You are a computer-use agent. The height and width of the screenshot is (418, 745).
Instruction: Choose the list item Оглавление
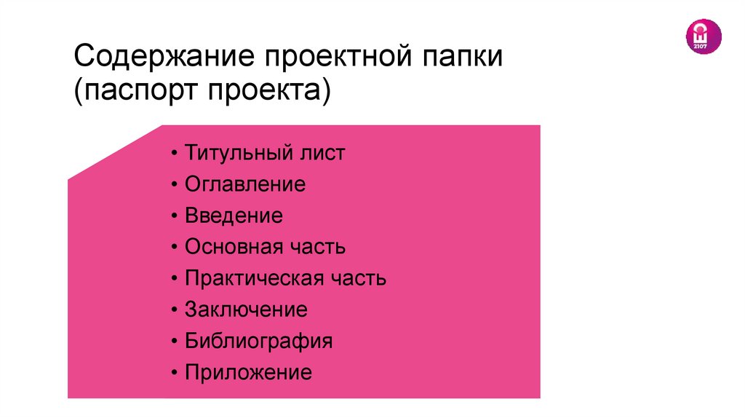245,184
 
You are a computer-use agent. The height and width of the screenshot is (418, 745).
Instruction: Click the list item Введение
234,216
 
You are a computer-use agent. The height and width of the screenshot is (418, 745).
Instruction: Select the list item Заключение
246,309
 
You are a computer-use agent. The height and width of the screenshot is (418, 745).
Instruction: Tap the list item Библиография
258,341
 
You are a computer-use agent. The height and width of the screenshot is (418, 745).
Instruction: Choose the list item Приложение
248,373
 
